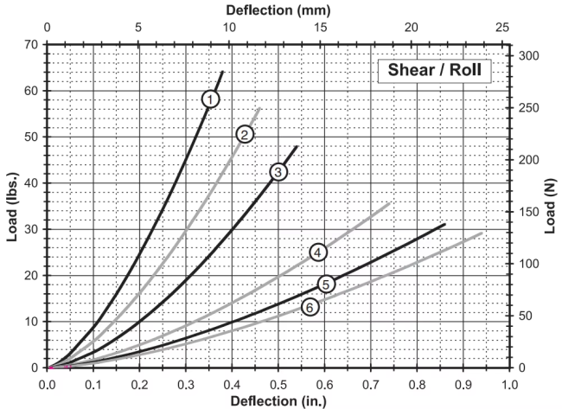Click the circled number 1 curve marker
[210, 99]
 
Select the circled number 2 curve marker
[245, 134]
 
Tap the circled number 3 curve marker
[278, 172]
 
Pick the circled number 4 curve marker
[318, 252]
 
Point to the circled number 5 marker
[326, 284]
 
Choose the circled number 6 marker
[310, 307]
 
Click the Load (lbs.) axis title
[12, 205]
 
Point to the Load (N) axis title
[550, 205]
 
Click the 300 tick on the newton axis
[527, 55]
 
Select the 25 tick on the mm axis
[501, 28]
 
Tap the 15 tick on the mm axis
[320, 28]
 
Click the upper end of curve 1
[223, 72]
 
